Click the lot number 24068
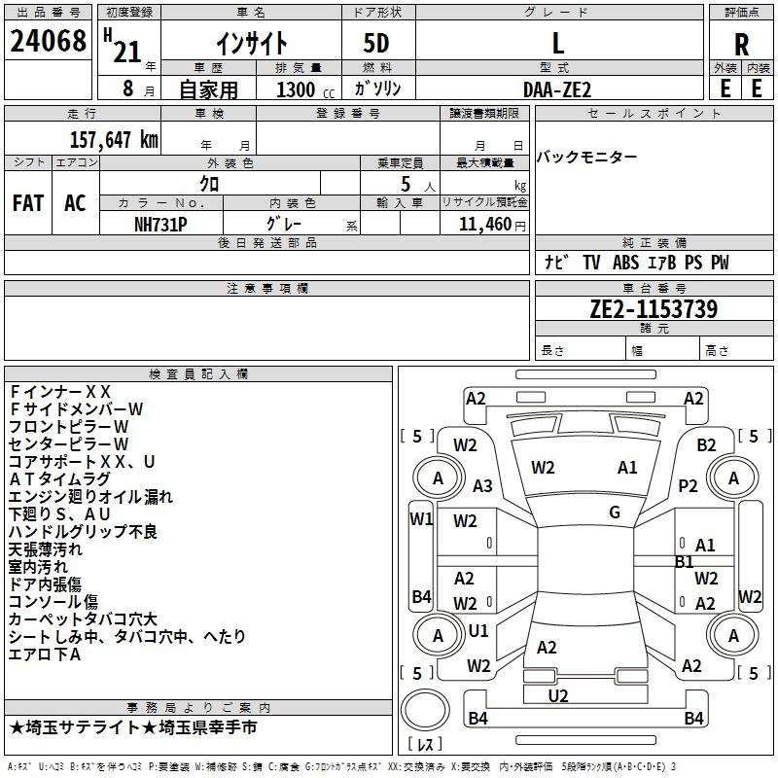tap(48, 41)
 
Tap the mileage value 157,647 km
tap(114, 140)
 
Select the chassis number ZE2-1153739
tap(654, 309)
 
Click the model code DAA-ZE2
tap(557, 89)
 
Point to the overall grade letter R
tap(741, 45)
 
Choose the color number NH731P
tap(160, 225)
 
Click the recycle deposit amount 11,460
tap(485, 225)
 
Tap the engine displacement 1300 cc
tap(305, 89)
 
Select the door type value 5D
tap(376, 44)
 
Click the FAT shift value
tap(28, 203)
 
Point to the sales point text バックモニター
tap(587, 158)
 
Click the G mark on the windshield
tap(615, 513)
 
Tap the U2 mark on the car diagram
tap(558, 696)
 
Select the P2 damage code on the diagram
tap(688, 485)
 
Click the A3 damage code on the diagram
tap(482, 485)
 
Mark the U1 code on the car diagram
tap(478, 630)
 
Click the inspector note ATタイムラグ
tap(59, 479)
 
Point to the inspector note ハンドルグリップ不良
tap(83, 532)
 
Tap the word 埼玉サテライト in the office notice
tap(83, 727)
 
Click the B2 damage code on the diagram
tap(706, 445)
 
